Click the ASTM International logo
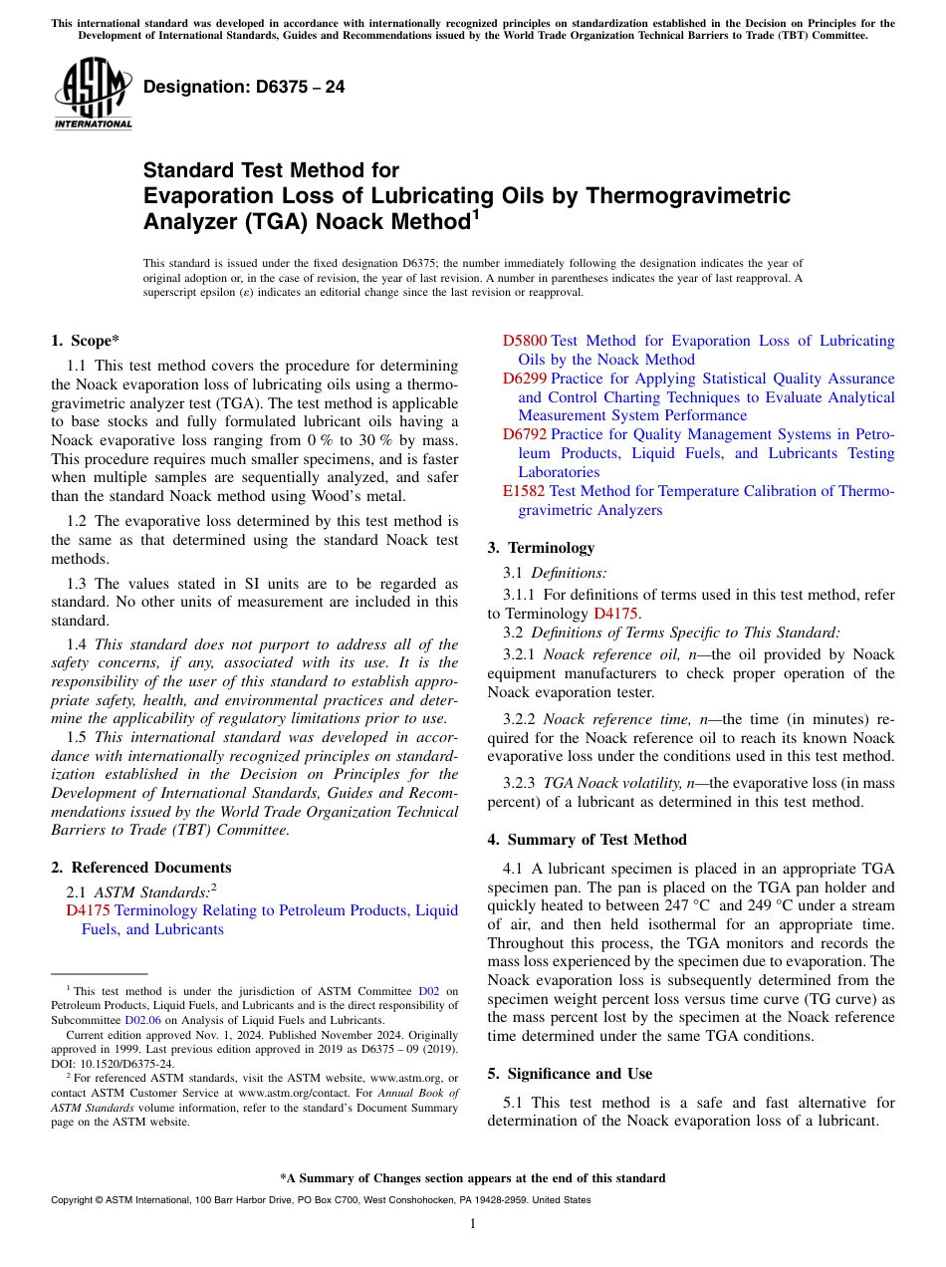(93, 93)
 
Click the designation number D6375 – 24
(244, 87)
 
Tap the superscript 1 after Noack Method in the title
(475, 213)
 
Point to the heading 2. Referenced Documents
(141, 868)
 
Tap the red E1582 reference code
(524, 491)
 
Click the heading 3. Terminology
(541, 548)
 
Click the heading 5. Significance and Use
(570, 1074)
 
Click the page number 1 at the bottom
(473, 1224)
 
